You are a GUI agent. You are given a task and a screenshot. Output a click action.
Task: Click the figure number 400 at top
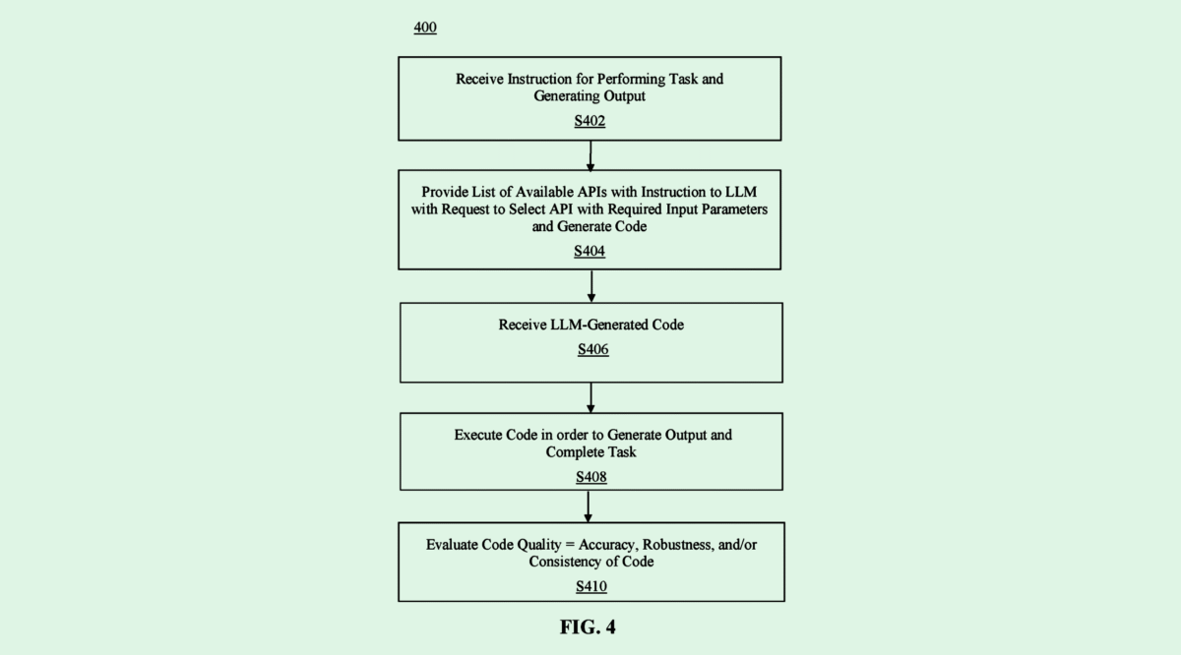(x=425, y=28)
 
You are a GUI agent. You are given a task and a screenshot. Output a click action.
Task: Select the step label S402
(x=590, y=121)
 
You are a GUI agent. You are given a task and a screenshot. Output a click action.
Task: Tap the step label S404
(x=590, y=251)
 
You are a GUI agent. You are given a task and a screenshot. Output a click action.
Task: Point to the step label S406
(x=592, y=349)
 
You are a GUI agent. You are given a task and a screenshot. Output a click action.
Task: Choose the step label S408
(x=591, y=477)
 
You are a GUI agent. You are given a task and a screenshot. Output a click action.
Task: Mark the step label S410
(x=591, y=587)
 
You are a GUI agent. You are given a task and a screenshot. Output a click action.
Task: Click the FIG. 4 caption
(x=588, y=627)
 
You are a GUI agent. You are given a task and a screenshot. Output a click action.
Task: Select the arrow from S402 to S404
(x=590, y=154)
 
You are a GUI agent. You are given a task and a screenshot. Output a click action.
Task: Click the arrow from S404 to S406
(x=591, y=285)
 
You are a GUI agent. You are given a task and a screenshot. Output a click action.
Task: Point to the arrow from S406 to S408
(x=591, y=396)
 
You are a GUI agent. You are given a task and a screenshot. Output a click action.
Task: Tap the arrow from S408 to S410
(x=589, y=506)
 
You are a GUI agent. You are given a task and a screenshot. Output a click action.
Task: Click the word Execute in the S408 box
(x=479, y=435)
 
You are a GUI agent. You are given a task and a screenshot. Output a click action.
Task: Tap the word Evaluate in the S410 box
(x=455, y=545)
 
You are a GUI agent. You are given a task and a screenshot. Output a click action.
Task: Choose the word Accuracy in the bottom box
(x=609, y=545)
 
